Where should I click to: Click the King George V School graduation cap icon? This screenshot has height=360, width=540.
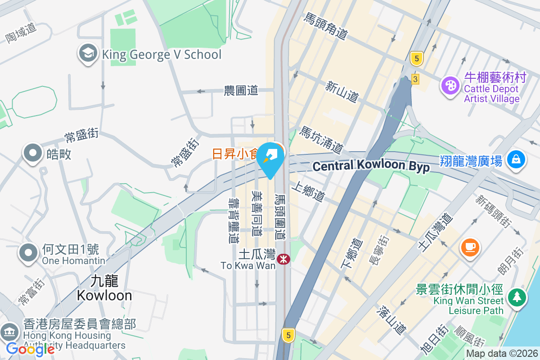tap(88, 54)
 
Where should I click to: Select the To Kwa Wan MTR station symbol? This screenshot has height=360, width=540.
tap(283, 259)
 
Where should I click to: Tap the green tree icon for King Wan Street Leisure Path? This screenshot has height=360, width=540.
tap(517, 297)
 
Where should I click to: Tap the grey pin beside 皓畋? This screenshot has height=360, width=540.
tap(32, 154)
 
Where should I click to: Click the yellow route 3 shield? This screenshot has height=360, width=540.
tap(415, 79)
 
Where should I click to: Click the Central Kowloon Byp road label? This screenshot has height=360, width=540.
tap(371, 166)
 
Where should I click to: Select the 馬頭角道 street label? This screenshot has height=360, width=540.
tap(326, 26)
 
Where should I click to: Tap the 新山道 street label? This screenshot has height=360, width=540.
tap(342, 91)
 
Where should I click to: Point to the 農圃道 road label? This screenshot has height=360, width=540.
tap(241, 90)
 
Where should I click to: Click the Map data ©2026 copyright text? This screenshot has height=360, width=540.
tap(502, 354)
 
